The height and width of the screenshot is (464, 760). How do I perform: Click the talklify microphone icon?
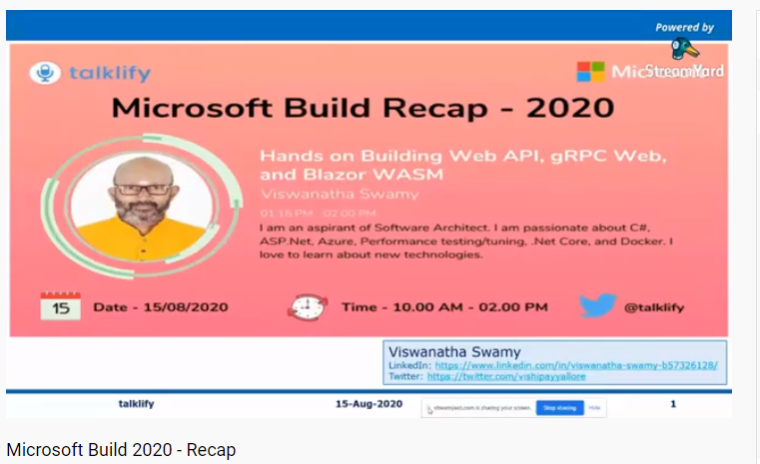tap(45, 72)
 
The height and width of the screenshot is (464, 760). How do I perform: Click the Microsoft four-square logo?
tap(590, 72)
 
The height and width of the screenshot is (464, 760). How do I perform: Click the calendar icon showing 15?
tap(60, 306)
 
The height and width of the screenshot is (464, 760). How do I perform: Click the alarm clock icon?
tap(307, 306)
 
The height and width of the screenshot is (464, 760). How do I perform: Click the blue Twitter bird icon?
tap(597, 305)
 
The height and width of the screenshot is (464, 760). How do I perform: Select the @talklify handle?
tap(654, 307)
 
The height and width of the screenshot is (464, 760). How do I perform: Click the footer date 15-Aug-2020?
tap(369, 404)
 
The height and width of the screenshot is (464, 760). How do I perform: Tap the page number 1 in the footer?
tap(674, 404)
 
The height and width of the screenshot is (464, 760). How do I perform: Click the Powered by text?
tap(684, 28)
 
